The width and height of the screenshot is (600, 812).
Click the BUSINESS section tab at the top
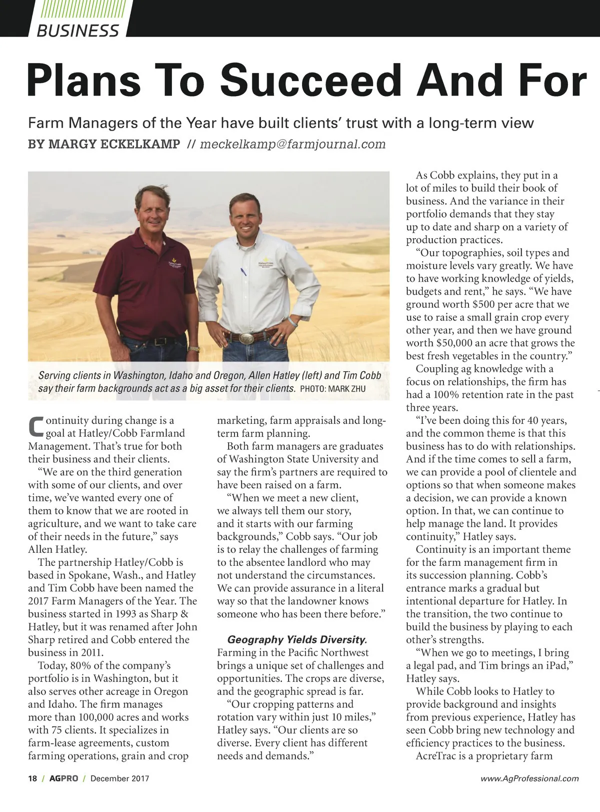coord(78,31)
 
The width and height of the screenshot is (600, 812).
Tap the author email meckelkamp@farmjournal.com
coord(292,144)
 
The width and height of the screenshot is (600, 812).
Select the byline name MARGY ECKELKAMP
coord(104,144)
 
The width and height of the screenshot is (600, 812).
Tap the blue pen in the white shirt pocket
coord(243,273)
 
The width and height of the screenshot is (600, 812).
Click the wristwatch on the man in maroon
coord(194,349)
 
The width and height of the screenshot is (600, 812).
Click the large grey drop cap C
coord(35,425)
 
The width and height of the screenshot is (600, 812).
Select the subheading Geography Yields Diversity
coord(297,639)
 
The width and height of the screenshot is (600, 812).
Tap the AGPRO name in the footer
coord(63,778)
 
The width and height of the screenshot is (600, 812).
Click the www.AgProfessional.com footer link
coord(529,778)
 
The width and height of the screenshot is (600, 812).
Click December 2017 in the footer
coord(119,778)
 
